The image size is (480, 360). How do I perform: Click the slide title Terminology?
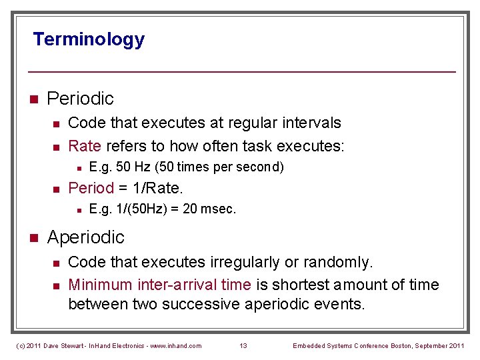pos(89,39)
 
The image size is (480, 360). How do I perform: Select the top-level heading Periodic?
pos(80,99)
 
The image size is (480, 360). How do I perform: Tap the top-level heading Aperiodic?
pos(85,237)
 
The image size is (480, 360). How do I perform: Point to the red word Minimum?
pos(100,285)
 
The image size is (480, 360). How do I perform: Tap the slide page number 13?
pos(243,345)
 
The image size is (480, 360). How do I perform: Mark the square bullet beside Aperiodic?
pos(33,238)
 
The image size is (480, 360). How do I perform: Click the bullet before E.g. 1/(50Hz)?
pos(79,210)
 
